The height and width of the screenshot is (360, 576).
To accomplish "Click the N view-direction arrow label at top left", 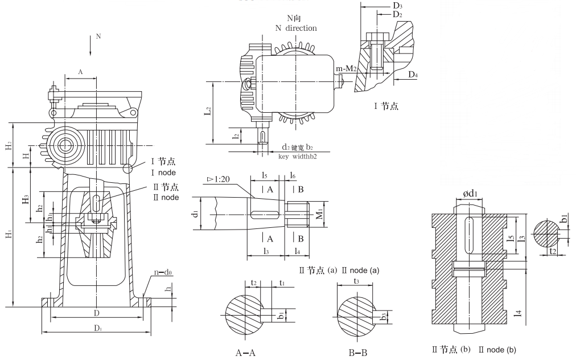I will pos(98,35).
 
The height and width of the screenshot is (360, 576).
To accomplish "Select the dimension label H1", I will pos(10,235).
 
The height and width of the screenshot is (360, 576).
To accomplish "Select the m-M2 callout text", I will pos(346,69).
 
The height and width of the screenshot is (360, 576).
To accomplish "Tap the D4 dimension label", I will pos(413,75).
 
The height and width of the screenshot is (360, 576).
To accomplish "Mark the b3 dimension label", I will pos(384,314).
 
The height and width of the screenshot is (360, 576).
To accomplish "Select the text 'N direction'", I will pos(296,27).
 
